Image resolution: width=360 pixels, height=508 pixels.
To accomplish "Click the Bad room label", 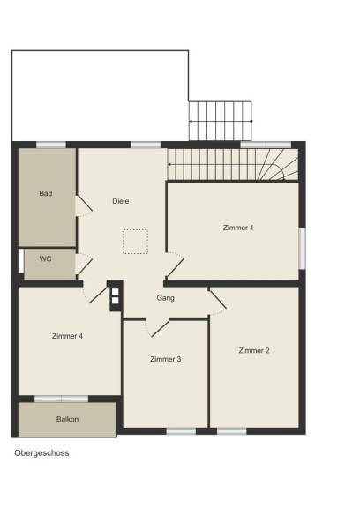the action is point(46,193).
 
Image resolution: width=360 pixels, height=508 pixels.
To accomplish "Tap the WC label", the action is point(45,259).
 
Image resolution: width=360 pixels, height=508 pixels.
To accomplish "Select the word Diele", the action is point(121,201).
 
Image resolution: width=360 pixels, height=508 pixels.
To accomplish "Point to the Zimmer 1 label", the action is point(238,228).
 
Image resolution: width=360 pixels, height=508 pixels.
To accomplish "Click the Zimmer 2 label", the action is point(254,350).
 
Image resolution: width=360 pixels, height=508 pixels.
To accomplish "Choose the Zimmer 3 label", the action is point(166,359).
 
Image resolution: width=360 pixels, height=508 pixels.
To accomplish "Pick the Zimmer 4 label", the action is point(67,336).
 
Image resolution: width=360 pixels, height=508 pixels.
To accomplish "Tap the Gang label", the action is point(165,298).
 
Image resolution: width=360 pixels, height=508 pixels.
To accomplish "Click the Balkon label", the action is point(67,419).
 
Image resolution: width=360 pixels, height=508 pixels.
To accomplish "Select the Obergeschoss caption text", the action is point(41,453).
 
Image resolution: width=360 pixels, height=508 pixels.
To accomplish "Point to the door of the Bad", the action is point(84,206).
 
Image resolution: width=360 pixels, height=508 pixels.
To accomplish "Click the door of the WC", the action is point(84,265).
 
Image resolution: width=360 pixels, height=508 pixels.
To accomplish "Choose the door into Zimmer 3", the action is point(157,328).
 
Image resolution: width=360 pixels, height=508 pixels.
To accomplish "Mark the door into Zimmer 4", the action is point(95,295).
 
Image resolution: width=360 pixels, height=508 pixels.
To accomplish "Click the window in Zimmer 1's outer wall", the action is point(302,249).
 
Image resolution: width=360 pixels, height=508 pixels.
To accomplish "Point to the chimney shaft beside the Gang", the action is point(115,295).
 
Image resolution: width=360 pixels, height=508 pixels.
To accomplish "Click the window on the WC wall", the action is point(21,261).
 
